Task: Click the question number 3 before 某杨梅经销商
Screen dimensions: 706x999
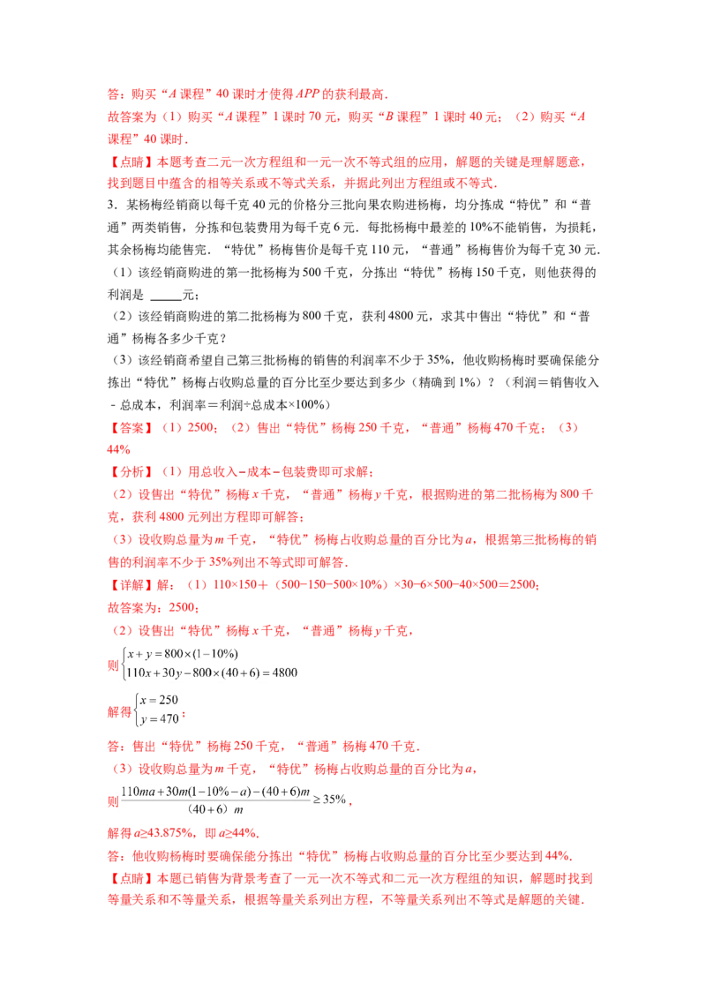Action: tap(111, 205)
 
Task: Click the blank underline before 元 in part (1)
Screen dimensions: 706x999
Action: tap(166, 295)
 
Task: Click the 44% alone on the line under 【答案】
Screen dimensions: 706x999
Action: tap(118, 450)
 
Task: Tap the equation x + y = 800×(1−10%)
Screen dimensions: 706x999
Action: tap(182, 654)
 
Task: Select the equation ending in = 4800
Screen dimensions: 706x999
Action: tap(212, 672)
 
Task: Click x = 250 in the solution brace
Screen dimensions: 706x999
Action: tap(159, 700)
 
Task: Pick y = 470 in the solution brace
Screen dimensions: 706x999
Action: tap(160, 719)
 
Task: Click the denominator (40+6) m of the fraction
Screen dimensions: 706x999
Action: tap(215, 810)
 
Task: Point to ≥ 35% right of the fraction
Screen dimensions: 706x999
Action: tap(329, 800)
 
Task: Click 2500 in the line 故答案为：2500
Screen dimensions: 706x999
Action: tap(182, 608)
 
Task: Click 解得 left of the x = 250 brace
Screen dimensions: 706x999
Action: tap(119, 711)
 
